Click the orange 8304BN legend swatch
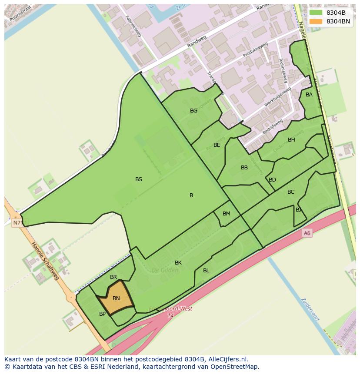316,21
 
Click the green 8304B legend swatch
316,13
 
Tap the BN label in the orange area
116,298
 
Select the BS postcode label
139,179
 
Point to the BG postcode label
193,111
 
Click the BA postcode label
309,95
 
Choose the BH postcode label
291,140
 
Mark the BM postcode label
227,214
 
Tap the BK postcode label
178,263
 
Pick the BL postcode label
206,271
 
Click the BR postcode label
113,277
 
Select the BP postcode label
103,314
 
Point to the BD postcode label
272,180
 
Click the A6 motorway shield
307,233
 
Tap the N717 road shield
18,223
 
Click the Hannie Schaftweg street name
45,261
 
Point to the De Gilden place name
165,270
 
